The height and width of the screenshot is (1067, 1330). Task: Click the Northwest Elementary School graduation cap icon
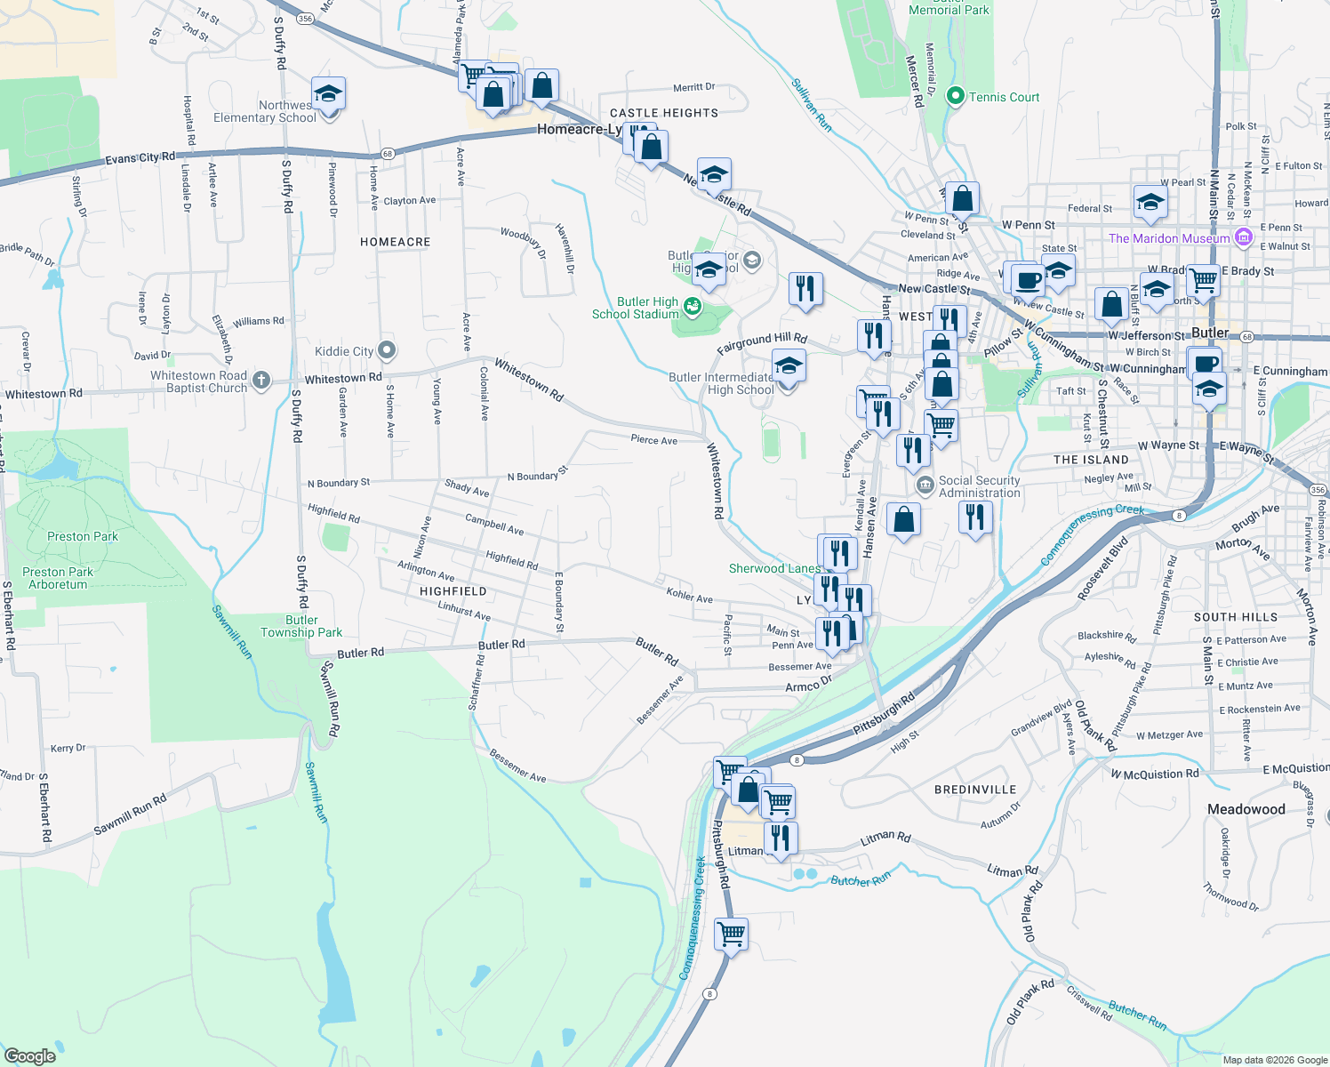pyautogui.click(x=328, y=94)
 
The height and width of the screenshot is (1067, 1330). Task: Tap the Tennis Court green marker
pyautogui.click(x=956, y=96)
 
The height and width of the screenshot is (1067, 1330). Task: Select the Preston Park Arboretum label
pyautogui.click(x=58, y=578)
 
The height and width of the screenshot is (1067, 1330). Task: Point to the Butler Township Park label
pyautogui.click(x=301, y=626)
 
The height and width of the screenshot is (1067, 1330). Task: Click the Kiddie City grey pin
pyautogui.click(x=386, y=350)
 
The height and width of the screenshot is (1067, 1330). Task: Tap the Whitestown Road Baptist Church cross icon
pyautogui.click(x=260, y=381)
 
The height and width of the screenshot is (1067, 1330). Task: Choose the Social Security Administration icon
pyautogui.click(x=925, y=485)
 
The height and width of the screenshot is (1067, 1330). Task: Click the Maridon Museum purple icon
pyautogui.click(x=1243, y=237)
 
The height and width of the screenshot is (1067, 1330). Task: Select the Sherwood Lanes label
pyautogui.click(x=774, y=568)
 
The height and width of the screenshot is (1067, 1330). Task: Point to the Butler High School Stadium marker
pyautogui.click(x=692, y=308)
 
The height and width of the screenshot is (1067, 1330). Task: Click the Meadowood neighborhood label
pyautogui.click(x=1246, y=809)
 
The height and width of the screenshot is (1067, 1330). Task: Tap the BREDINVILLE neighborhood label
pyautogui.click(x=975, y=790)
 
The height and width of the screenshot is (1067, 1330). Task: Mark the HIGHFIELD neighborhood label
pyautogui.click(x=453, y=591)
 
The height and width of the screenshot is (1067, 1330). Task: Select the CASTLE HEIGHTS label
pyautogui.click(x=664, y=113)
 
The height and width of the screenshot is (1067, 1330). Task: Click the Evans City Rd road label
pyautogui.click(x=140, y=158)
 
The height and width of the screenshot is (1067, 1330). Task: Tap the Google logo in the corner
pyautogui.click(x=29, y=1055)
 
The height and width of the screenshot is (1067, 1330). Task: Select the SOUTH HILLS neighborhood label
pyautogui.click(x=1236, y=617)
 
